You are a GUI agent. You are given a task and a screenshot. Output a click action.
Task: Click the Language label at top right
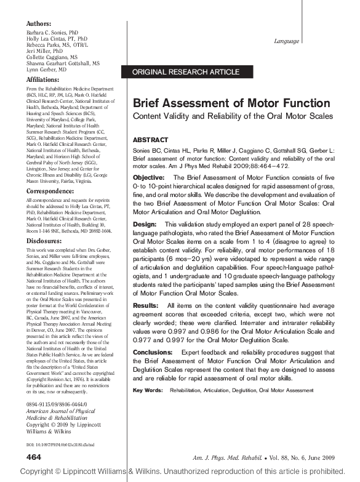click(286, 41)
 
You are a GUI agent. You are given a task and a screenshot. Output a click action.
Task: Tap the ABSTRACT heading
click(150, 140)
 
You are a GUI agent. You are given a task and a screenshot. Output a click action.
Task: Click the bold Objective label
click(151, 178)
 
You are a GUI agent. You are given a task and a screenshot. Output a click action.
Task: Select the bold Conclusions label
click(156, 351)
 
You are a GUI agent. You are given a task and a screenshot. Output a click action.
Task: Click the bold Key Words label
click(148, 390)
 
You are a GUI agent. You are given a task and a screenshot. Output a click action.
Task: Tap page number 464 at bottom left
click(34, 456)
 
